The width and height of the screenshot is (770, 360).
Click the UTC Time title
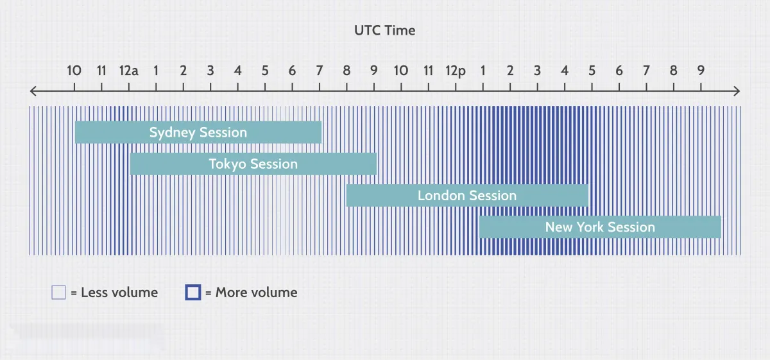(x=384, y=31)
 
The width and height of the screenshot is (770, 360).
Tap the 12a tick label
(x=128, y=71)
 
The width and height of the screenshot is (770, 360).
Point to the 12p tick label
(x=456, y=71)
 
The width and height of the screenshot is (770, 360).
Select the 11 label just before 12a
(x=101, y=71)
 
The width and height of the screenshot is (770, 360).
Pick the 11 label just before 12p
(x=428, y=71)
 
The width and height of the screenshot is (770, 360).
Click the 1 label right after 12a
(x=156, y=71)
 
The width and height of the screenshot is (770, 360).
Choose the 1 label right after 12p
(x=483, y=71)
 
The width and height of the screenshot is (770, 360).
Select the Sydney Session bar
(x=198, y=132)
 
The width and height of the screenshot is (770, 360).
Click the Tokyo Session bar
(x=253, y=164)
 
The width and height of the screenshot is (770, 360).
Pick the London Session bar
(x=467, y=196)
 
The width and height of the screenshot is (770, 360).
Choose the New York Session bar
(x=600, y=227)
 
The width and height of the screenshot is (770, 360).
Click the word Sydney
(x=172, y=133)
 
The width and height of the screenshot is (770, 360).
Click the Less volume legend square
(x=58, y=292)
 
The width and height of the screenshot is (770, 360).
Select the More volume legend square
(x=193, y=292)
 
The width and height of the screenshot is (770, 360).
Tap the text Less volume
(x=119, y=293)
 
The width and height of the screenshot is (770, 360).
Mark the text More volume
(x=257, y=293)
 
